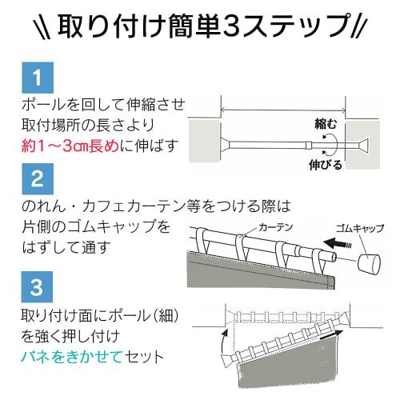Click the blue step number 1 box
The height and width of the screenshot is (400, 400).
pos(37,80)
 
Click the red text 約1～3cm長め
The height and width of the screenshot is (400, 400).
pos(74,146)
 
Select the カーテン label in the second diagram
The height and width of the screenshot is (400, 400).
pos(272,228)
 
